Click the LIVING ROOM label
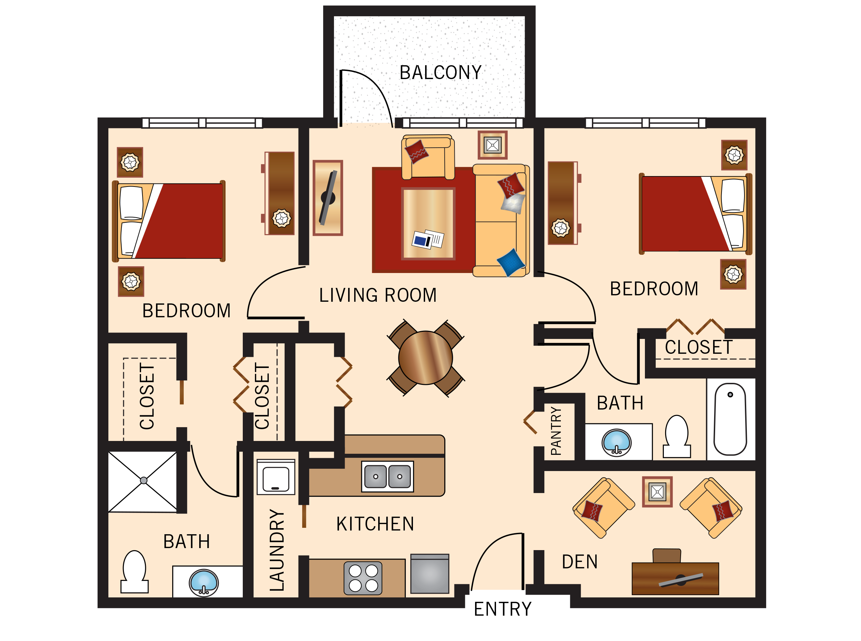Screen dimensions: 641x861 pyautogui.click(x=377, y=295)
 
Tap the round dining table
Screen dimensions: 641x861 pyautogui.click(x=425, y=358)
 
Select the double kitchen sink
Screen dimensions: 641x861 pyautogui.click(x=387, y=476)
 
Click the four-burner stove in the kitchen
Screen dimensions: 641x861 pyautogui.click(x=363, y=578)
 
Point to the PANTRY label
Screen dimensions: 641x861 pyautogui.click(x=555, y=431)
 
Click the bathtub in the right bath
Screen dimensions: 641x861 pyautogui.click(x=730, y=419)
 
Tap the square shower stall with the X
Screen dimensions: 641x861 pyautogui.click(x=143, y=481)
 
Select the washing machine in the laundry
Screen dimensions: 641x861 pyautogui.click(x=276, y=477)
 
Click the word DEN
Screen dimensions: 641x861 pyautogui.click(x=579, y=562)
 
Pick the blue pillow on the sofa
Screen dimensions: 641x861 pyautogui.click(x=511, y=263)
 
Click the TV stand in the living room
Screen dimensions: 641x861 pyautogui.click(x=328, y=198)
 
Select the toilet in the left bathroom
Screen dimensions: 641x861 pyautogui.click(x=134, y=572)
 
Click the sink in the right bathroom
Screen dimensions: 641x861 pyautogui.click(x=617, y=443)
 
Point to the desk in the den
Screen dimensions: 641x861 pyautogui.click(x=675, y=579)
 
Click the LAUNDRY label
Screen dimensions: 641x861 pyautogui.click(x=277, y=550)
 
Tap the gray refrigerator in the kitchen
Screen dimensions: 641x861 pyautogui.click(x=429, y=574)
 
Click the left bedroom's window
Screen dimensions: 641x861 pyautogui.click(x=202, y=123)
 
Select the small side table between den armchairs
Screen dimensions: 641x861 pyautogui.click(x=657, y=492)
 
